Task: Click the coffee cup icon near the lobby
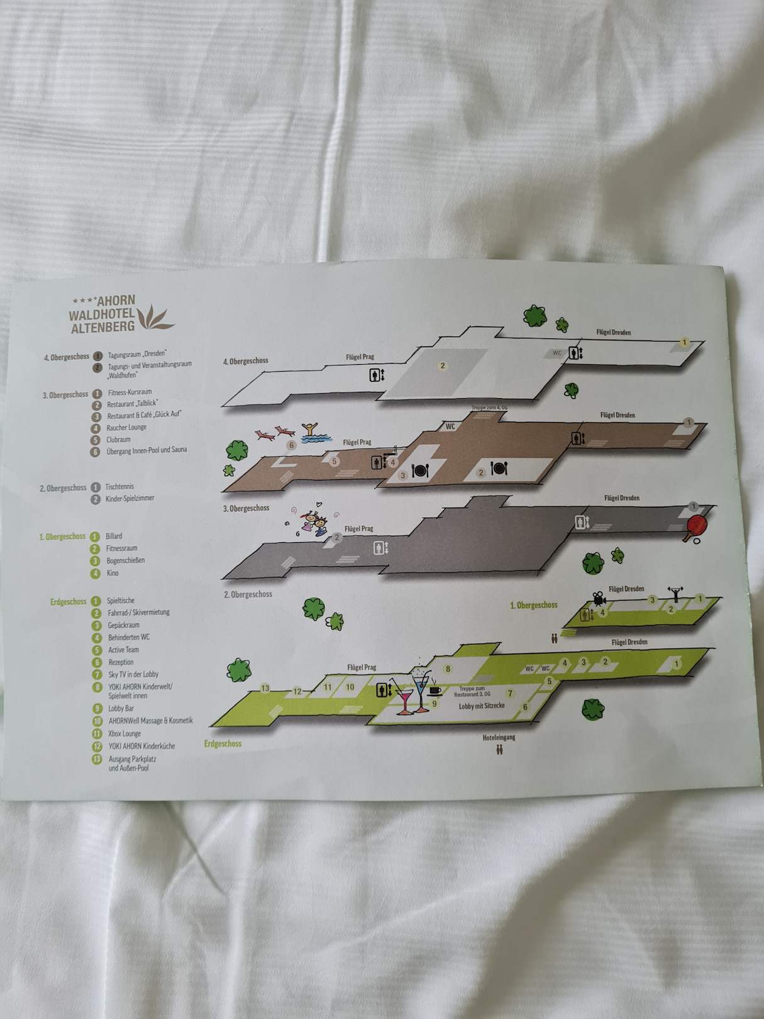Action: click(x=435, y=689)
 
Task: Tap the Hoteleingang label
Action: click(x=499, y=737)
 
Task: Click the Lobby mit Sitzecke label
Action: click(x=482, y=706)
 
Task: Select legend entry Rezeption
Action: click(x=121, y=662)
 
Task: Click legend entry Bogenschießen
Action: click(x=125, y=560)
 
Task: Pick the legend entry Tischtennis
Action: click(x=119, y=486)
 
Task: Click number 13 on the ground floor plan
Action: click(x=265, y=688)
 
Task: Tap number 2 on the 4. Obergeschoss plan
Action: click(x=443, y=366)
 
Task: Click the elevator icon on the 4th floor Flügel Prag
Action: click(x=375, y=376)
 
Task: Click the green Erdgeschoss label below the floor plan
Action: click(x=223, y=743)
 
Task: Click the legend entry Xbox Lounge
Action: click(x=124, y=733)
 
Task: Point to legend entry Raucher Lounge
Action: click(x=126, y=428)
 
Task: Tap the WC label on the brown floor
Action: click(x=450, y=426)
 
